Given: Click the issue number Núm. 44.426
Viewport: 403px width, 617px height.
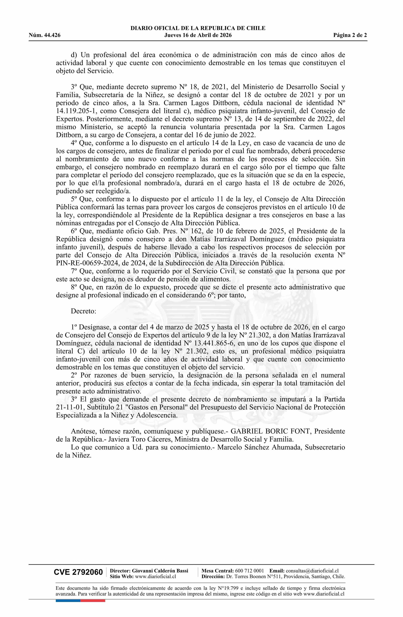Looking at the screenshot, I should coord(45,35).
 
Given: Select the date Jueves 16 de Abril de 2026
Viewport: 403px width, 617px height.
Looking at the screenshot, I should coord(198,35).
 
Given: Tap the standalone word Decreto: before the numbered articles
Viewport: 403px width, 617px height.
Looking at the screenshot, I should coord(83,311).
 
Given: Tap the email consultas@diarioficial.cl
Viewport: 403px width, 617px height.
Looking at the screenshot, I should coord(312,571).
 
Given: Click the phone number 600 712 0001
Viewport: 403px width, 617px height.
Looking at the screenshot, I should coord(249,571).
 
